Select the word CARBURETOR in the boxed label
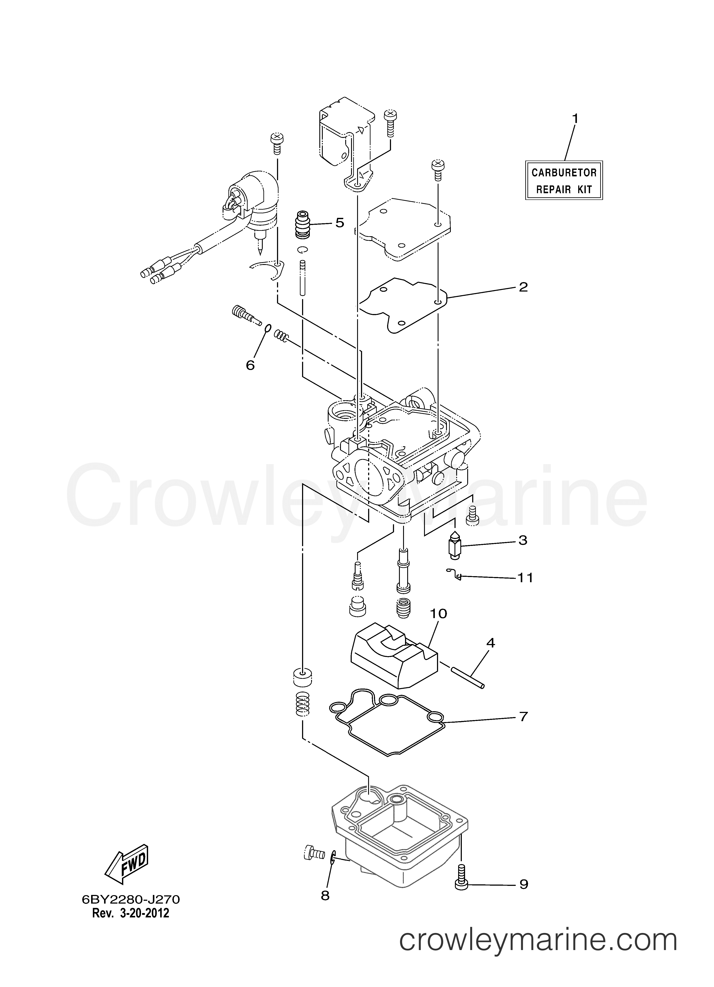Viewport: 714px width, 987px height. (x=564, y=173)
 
